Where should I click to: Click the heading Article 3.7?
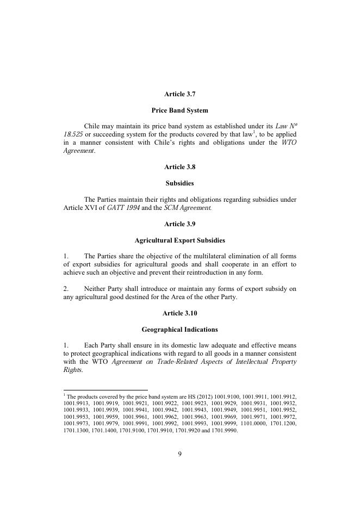click(x=179, y=94)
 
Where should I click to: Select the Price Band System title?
click(x=179, y=110)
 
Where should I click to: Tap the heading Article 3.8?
click(x=179, y=167)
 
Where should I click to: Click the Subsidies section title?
click(x=179, y=183)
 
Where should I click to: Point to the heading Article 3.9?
click(x=179, y=224)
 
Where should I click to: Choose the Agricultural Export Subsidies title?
click(x=179, y=240)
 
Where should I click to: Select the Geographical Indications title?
click(x=179, y=329)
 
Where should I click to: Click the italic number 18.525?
click(x=73, y=134)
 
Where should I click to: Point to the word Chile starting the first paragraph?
click(x=93, y=126)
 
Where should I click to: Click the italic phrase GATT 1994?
click(x=123, y=208)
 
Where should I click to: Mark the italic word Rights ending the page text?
click(x=73, y=370)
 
